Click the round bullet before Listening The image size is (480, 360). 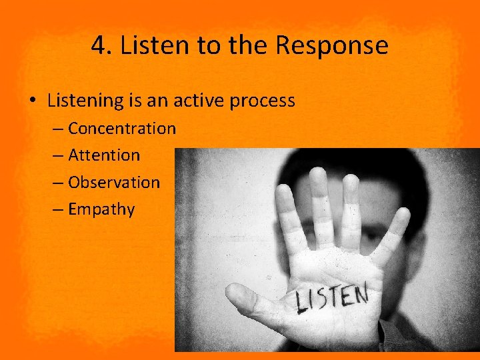(33, 101)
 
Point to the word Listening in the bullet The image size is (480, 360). (85, 101)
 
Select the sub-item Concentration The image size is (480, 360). (122, 128)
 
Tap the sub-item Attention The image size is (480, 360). (104, 155)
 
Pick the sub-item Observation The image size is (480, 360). (114, 182)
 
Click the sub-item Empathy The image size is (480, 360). (101, 209)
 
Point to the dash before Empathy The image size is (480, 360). (58, 210)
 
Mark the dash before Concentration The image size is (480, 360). (58, 129)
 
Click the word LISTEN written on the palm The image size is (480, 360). (331, 297)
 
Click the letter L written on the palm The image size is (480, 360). (302, 303)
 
